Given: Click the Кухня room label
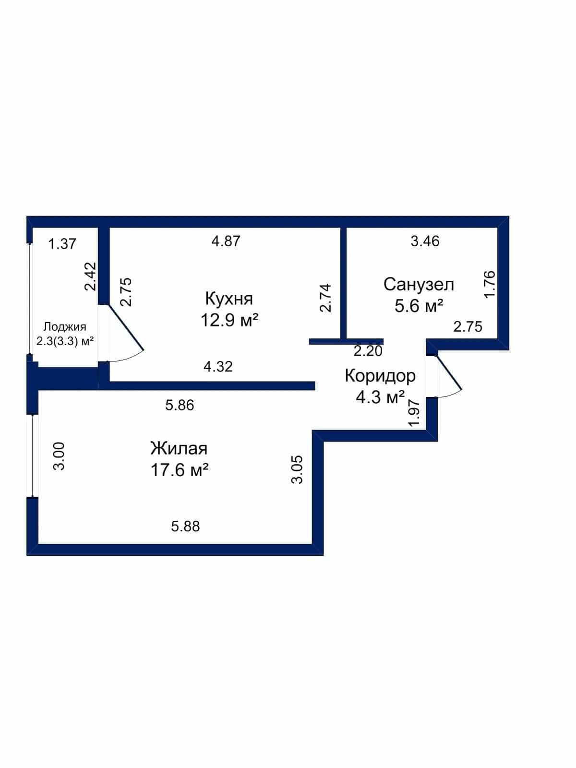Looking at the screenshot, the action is point(229,300).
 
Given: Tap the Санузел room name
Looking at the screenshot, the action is point(419,285).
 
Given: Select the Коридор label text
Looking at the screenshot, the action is point(380,376).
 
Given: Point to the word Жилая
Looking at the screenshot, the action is point(179,448).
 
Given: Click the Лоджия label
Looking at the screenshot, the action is point(65,327).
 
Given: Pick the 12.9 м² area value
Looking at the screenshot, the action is point(229,320).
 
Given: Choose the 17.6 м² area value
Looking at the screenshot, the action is point(180,469).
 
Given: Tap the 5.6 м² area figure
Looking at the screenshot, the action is point(419,306).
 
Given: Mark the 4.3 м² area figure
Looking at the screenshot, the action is point(380,397).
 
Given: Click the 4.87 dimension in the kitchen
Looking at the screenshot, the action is point(226,241).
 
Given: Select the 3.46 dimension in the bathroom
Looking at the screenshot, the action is point(425,241).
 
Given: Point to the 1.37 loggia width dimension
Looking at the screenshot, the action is point(62,243).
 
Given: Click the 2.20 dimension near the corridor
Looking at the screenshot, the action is point(368,351).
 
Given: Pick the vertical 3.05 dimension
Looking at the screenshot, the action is point(297,469).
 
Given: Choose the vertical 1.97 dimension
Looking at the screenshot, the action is point(414,413).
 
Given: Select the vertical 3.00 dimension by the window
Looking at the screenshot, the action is point(59,456).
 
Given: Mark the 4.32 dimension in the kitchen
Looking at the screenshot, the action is point(218,366).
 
